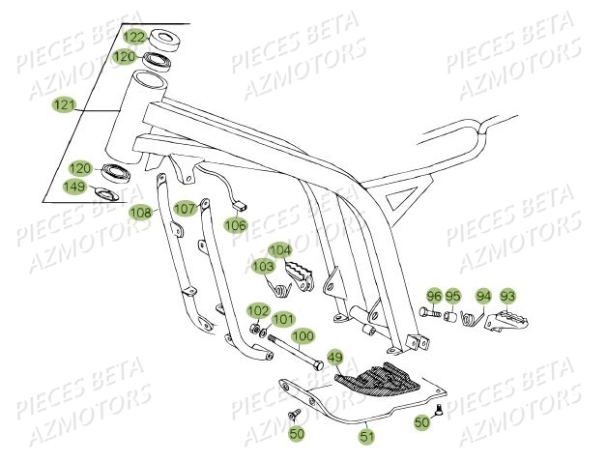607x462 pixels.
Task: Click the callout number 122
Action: click(134, 38)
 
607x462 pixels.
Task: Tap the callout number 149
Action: click(76, 187)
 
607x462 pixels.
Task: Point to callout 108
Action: click(141, 212)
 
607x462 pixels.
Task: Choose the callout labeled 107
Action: click(186, 208)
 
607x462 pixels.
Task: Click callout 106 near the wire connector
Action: click(236, 224)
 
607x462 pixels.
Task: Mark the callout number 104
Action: click(279, 249)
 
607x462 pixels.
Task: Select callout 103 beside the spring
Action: click(263, 265)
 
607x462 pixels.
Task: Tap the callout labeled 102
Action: click(257, 310)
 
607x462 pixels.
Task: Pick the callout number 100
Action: click(303, 336)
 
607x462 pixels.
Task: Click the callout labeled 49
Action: click(335, 358)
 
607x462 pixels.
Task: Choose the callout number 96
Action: click(434, 296)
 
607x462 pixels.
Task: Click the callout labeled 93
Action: click(507, 296)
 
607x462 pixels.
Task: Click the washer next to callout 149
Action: click(109, 196)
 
